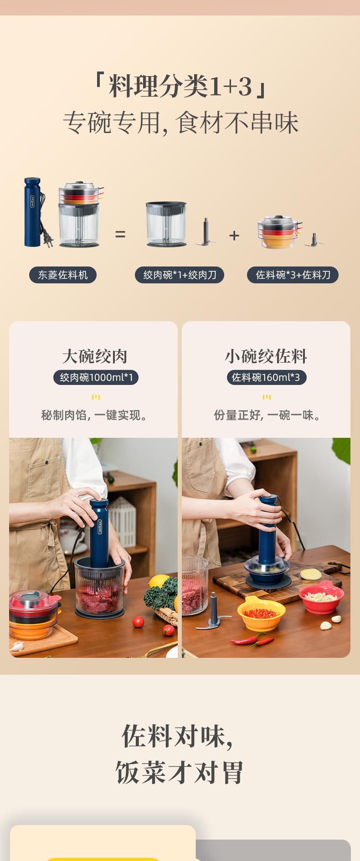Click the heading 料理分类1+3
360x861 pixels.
point(180,86)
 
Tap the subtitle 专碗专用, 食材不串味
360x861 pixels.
point(180,123)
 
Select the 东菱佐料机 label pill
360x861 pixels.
point(63,275)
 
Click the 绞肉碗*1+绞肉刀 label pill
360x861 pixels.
point(180,275)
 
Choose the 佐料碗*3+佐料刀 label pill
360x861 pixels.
point(293,275)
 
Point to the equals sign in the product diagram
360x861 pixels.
point(120,235)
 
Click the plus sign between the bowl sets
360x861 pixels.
point(234,235)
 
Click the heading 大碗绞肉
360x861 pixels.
point(94,356)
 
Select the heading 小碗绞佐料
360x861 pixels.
point(266,356)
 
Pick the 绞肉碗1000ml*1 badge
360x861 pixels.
point(96,377)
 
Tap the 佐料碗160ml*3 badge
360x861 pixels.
point(267,377)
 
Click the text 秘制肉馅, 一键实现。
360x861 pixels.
point(94,415)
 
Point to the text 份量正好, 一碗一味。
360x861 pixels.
point(267,415)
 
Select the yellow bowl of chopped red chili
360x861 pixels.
point(262,613)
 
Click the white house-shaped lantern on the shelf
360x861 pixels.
point(122,521)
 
